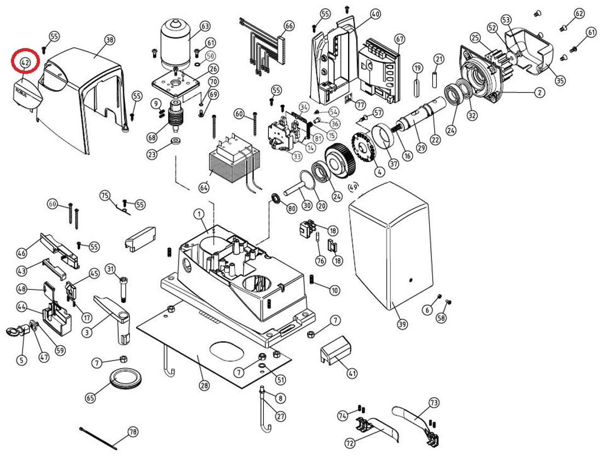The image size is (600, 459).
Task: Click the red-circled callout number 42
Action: click(x=25, y=62)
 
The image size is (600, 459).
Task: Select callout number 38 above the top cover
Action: click(x=109, y=39)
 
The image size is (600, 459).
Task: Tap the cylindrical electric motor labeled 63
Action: click(x=175, y=41)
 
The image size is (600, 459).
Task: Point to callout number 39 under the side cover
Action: click(x=402, y=325)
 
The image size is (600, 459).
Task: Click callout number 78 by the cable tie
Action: click(x=132, y=432)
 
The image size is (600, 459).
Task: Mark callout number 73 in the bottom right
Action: click(x=434, y=403)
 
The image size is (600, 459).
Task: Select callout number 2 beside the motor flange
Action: click(x=540, y=93)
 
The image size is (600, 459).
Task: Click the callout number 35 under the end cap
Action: click(x=559, y=81)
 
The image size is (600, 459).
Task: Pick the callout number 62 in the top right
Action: click(x=579, y=13)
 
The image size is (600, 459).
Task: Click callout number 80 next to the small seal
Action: click(x=291, y=208)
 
